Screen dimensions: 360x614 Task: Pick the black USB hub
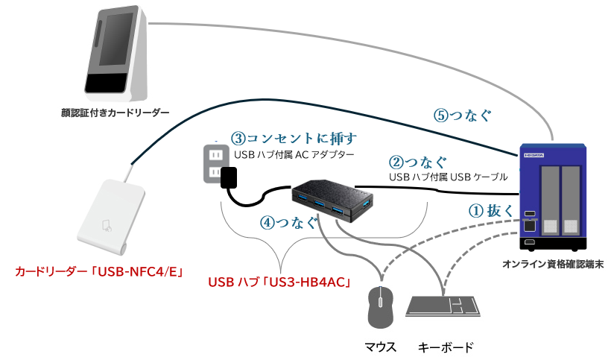click(x=334, y=198)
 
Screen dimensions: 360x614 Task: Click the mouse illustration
click(x=380, y=307)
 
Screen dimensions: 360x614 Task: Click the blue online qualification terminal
click(x=551, y=197)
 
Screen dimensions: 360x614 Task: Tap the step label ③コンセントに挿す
click(x=294, y=139)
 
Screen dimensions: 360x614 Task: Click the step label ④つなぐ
click(x=288, y=222)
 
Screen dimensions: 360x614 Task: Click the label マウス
click(x=380, y=347)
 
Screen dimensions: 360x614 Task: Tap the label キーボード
click(x=446, y=347)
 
